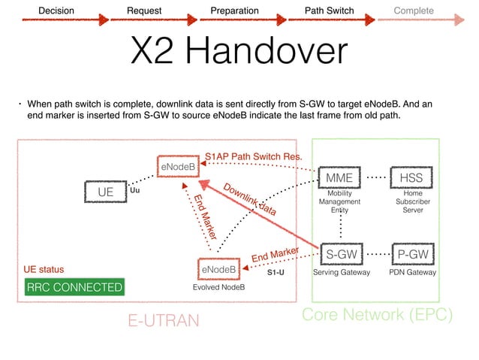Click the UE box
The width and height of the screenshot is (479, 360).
coord(105,192)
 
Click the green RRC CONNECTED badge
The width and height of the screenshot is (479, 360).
coord(74,288)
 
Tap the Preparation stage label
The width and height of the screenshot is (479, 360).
coord(234,11)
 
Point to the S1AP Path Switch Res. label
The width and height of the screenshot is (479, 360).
coord(254,156)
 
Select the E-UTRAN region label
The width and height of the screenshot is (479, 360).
coord(164,321)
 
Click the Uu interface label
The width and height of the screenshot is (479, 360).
coord(135,191)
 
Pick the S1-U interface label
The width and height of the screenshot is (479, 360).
coord(276,273)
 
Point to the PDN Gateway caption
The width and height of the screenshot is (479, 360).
coord(413,273)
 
